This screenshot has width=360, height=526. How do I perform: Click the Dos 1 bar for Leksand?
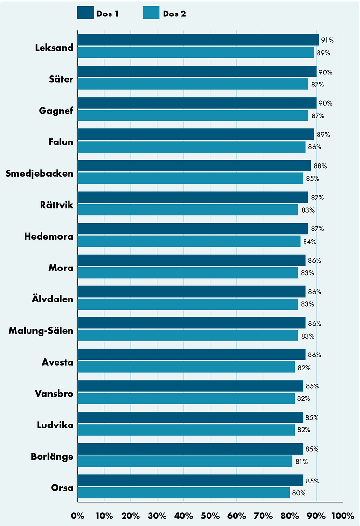tap(198, 40)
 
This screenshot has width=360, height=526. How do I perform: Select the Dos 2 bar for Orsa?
tap(183, 493)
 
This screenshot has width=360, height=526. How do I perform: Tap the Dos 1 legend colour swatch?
tap(85, 13)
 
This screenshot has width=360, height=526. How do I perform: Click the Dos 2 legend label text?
tap(174, 14)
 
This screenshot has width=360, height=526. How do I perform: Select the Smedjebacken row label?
tap(40, 173)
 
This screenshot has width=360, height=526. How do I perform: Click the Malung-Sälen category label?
tap(42, 331)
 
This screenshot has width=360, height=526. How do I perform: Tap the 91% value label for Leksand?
tap(328, 41)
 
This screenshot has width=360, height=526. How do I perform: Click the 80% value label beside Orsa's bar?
tap(299, 493)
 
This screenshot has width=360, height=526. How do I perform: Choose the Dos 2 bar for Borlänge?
tap(185, 462)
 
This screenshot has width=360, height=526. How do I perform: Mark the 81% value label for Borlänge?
tap(302, 462)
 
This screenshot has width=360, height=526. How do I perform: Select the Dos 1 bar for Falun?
tap(195, 134)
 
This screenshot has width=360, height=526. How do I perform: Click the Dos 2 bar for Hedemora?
tap(189, 242)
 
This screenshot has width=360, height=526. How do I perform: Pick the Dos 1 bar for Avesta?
tap(192, 355)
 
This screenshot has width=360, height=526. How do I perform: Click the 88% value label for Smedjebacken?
tap(320, 166)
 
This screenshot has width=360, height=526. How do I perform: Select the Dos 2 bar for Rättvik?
tap(188, 210)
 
